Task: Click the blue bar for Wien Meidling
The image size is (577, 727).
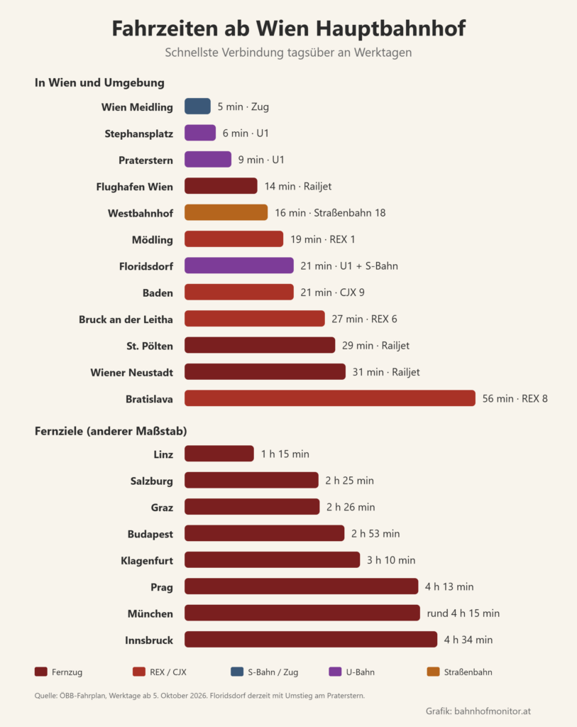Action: pyautogui.click(x=197, y=106)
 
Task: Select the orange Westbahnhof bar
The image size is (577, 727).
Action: pyautogui.click(x=226, y=212)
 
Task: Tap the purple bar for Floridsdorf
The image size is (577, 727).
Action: pyautogui.click(x=239, y=266)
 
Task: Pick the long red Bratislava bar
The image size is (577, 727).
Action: pyautogui.click(x=330, y=398)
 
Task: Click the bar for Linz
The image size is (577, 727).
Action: pyautogui.click(x=219, y=454)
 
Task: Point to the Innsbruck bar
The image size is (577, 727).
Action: pyautogui.click(x=311, y=640)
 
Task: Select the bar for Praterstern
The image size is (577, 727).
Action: pyautogui.click(x=208, y=160)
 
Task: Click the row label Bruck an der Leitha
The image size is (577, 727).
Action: pyautogui.click(x=126, y=319)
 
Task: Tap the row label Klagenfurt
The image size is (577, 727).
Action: pyautogui.click(x=147, y=561)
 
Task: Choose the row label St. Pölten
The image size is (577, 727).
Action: pyautogui.click(x=150, y=346)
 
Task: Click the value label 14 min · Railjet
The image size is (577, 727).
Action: pyautogui.click(x=298, y=187)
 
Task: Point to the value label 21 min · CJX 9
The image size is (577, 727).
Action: pyautogui.click(x=332, y=293)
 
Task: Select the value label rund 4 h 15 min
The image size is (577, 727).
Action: pyautogui.click(x=463, y=613)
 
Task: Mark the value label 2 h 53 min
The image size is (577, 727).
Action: pyautogui.click(x=375, y=534)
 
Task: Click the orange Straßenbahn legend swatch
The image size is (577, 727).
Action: pyautogui.click(x=433, y=672)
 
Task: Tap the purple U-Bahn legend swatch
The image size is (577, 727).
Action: pyautogui.click(x=335, y=672)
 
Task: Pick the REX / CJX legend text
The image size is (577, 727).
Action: pyautogui.click(x=168, y=672)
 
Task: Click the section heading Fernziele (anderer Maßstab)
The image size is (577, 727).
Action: pyautogui.click(x=111, y=431)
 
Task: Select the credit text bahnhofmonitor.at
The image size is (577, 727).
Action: pyautogui.click(x=493, y=711)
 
